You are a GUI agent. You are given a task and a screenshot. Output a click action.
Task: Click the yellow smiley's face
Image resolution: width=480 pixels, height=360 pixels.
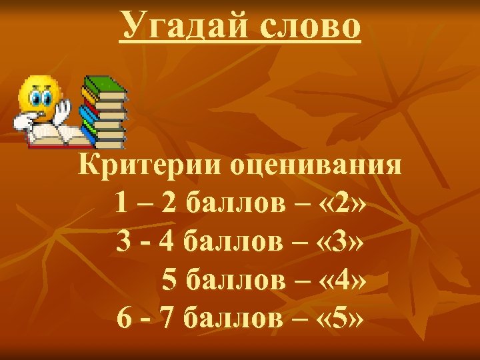click(x=39, y=97)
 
